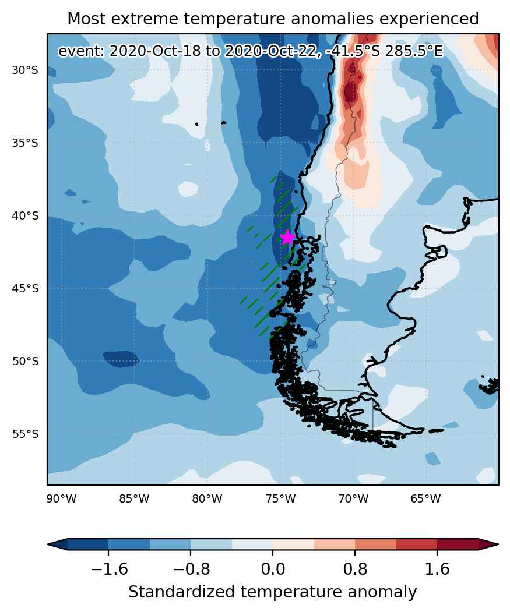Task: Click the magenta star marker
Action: (287, 238)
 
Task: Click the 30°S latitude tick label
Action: (26, 70)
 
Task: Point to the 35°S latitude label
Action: (26, 143)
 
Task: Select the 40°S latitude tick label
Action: (26, 216)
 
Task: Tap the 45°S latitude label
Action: (26, 288)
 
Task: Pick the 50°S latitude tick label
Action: (26, 362)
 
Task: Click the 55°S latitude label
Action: (26, 434)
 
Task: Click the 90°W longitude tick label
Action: (61, 498)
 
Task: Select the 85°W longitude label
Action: (135, 498)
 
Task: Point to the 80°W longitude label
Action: (207, 498)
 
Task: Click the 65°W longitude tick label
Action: (425, 498)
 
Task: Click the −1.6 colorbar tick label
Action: (109, 569)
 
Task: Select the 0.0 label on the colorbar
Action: (273, 569)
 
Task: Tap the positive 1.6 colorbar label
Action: (437, 569)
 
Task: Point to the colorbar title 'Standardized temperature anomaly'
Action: (273, 592)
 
